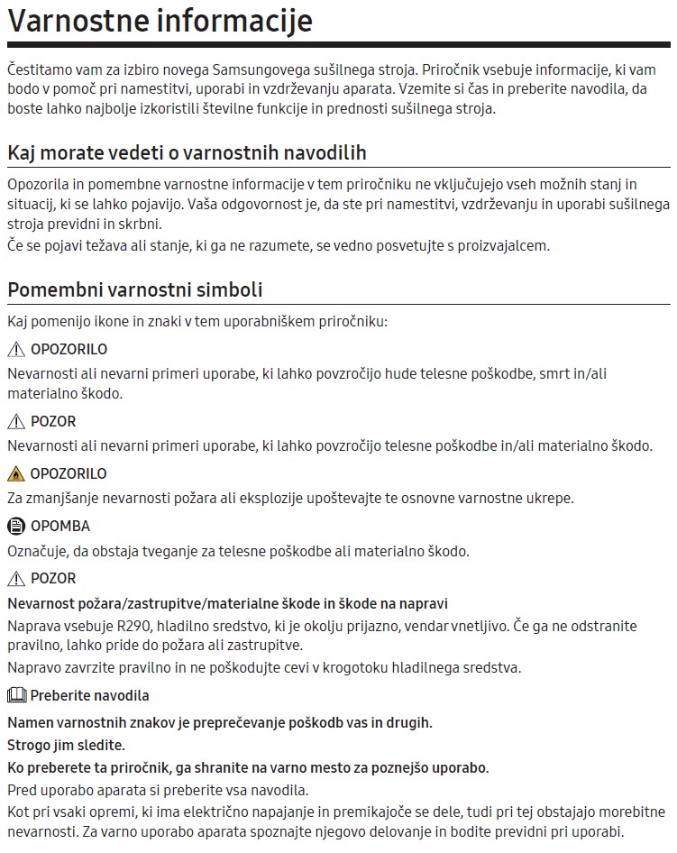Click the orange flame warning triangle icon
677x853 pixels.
[x=16, y=473]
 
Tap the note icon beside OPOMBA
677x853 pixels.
[x=16, y=526]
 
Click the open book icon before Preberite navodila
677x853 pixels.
[x=16, y=695]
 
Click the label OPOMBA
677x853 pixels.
[x=60, y=526]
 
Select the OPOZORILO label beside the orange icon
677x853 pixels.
[x=69, y=473]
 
